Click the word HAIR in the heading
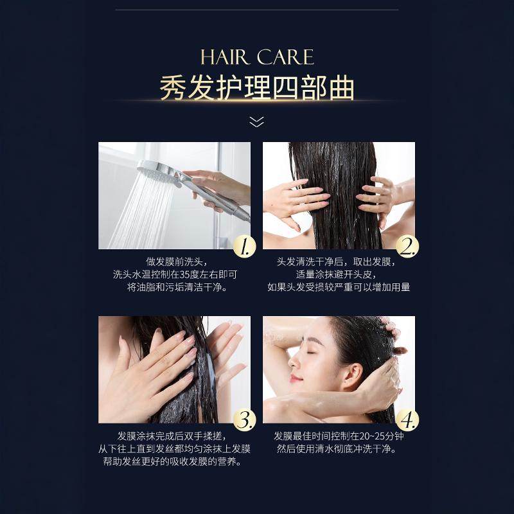click(x=225, y=57)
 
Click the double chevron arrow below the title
click(x=257, y=121)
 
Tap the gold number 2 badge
click(x=407, y=246)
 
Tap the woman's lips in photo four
click(x=296, y=378)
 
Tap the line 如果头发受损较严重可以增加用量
click(x=339, y=287)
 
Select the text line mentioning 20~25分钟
click(x=339, y=436)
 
